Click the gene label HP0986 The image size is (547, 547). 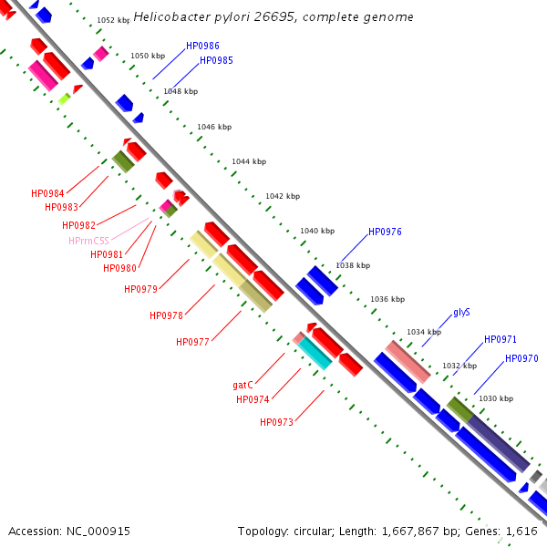[x=202, y=46]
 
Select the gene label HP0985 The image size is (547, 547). [x=216, y=60]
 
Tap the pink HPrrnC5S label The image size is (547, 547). [x=89, y=241]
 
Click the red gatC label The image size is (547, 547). [x=243, y=385]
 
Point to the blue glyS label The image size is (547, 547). [x=461, y=312]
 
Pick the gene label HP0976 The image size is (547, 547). [x=385, y=232]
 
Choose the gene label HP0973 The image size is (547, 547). [x=276, y=422]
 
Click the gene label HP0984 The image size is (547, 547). [x=47, y=193]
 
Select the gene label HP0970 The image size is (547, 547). [x=521, y=358]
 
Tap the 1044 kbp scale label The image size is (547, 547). [x=249, y=161]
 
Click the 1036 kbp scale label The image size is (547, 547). [x=387, y=299]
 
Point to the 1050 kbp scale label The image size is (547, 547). [x=148, y=56]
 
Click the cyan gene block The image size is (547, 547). [x=315, y=353]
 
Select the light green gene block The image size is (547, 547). [x=64, y=98]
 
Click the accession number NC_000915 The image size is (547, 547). [x=98, y=532]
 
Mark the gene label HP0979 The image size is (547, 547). [x=141, y=289]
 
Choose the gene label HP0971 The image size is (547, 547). [x=501, y=339]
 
